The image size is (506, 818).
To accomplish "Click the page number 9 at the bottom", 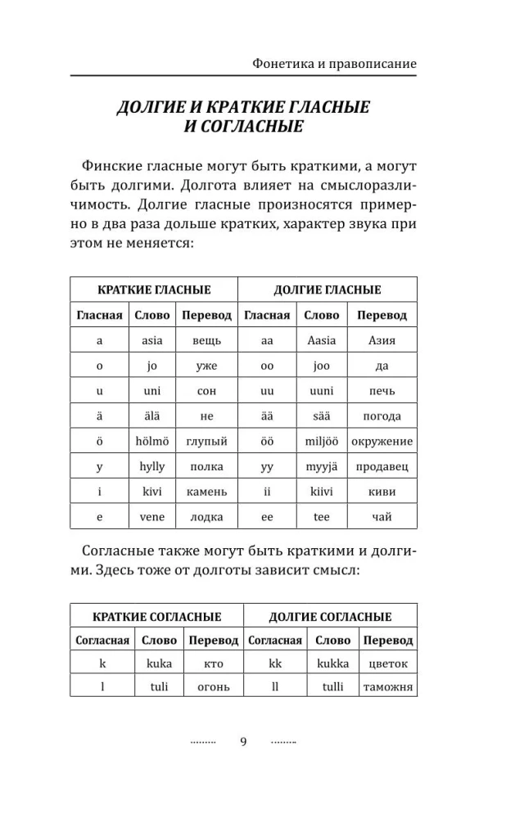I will point(243,742).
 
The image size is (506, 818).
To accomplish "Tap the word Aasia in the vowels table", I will point(322,339).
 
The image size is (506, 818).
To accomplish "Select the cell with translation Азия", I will point(382,339).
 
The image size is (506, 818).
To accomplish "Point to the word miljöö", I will point(322,442).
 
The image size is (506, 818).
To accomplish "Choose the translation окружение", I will point(382,442).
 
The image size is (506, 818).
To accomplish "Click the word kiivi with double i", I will point(322,492).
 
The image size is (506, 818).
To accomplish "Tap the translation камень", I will point(206,492).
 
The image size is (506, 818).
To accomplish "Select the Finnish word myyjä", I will point(322,467).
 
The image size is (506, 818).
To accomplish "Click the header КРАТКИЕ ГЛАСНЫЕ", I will point(154,290).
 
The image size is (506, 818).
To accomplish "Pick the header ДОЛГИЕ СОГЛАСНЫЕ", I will point(331,617).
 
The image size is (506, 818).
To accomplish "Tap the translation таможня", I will point(388,687).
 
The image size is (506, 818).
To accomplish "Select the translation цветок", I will point(388,663).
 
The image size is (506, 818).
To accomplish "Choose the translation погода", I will point(382,416).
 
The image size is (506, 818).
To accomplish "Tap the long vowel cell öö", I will point(266,442).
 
